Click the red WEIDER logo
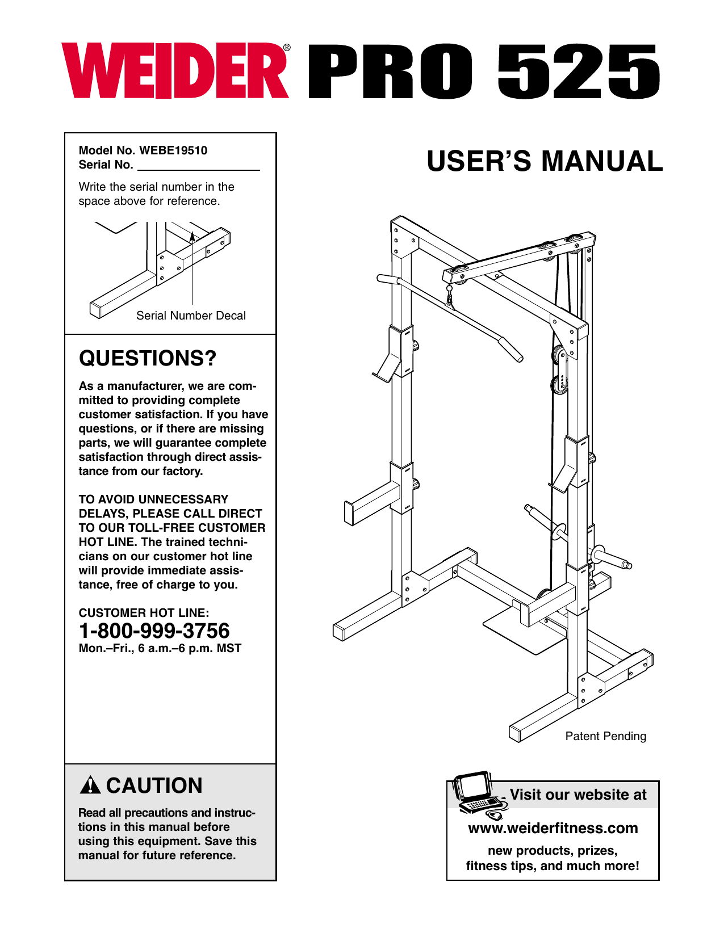(x=175, y=72)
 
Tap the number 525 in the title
(x=579, y=72)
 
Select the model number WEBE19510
(x=173, y=150)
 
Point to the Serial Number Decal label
(x=191, y=316)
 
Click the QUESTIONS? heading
(x=148, y=358)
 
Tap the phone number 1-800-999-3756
(x=154, y=631)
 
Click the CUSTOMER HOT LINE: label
(x=144, y=613)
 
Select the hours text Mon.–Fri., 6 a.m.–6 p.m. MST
(x=160, y=648)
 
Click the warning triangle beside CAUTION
(x=90, y=785)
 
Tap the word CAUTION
(x=154, y=785)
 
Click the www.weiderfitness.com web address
(x=553, y=828)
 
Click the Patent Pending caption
(x=605, y=736)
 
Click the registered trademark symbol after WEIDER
(x=287, y=48)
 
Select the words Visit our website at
(x=577, y=795)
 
